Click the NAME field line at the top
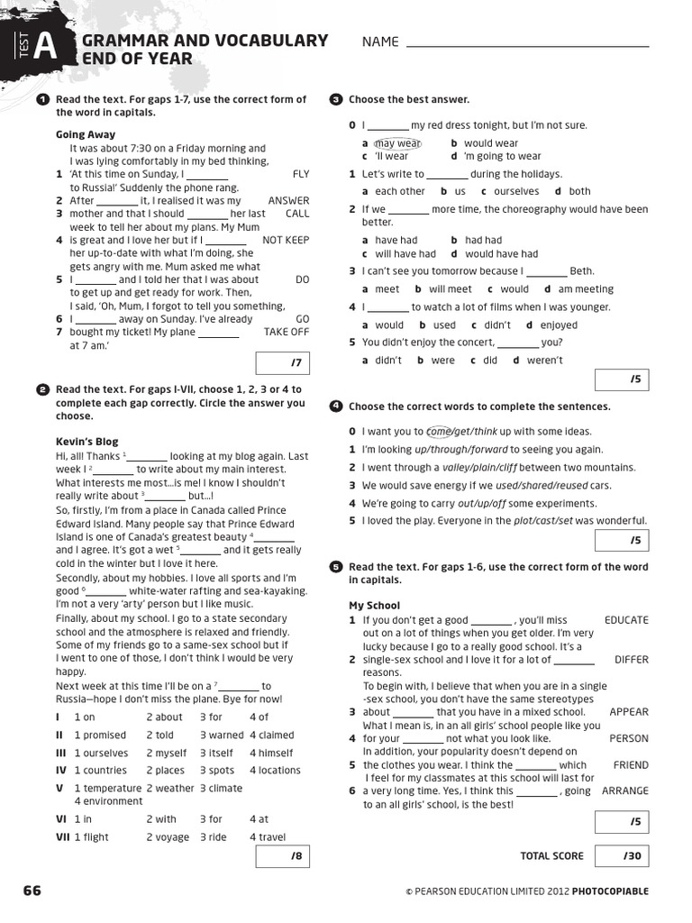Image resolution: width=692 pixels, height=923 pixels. pyautogui.click(x=527, y=45)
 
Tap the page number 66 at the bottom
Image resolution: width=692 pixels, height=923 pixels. pyautogui.click(x=32, y=891)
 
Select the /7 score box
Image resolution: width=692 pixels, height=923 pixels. pyautogui.click(x=283, y=362)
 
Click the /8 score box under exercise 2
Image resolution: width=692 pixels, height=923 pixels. pyautogui.click(x=283, y=854)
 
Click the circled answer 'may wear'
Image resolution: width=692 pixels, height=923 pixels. pyautogui.click(x=397, y=143)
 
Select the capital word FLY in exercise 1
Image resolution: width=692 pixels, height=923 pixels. pyautogui.click(x=301, y=174)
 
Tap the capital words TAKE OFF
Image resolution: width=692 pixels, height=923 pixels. pyautogui.click(x=286, y=332)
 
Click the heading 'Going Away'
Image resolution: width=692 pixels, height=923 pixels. pyautogui.click(x=86, y=135)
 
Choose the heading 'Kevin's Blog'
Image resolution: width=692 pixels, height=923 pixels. pyautogui.click(x=86, y=443)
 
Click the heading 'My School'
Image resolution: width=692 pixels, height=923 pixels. pyautogui.click(x=374, y=606)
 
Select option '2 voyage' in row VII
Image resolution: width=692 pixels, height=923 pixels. pyautogui.click(x=168, y=836)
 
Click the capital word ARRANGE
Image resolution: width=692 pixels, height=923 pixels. pyautogui.click(x=624, y=790)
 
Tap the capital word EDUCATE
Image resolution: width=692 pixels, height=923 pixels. pyautogui.click(x=626, y=620)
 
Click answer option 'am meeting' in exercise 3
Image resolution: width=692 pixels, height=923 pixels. pyautogui.click(x=586, y=289)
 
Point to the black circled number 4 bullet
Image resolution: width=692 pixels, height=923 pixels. pyautogui.click(x=336, y=407)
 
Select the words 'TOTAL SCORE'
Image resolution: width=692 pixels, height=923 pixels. pyautogui.click(x=551, y=855)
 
